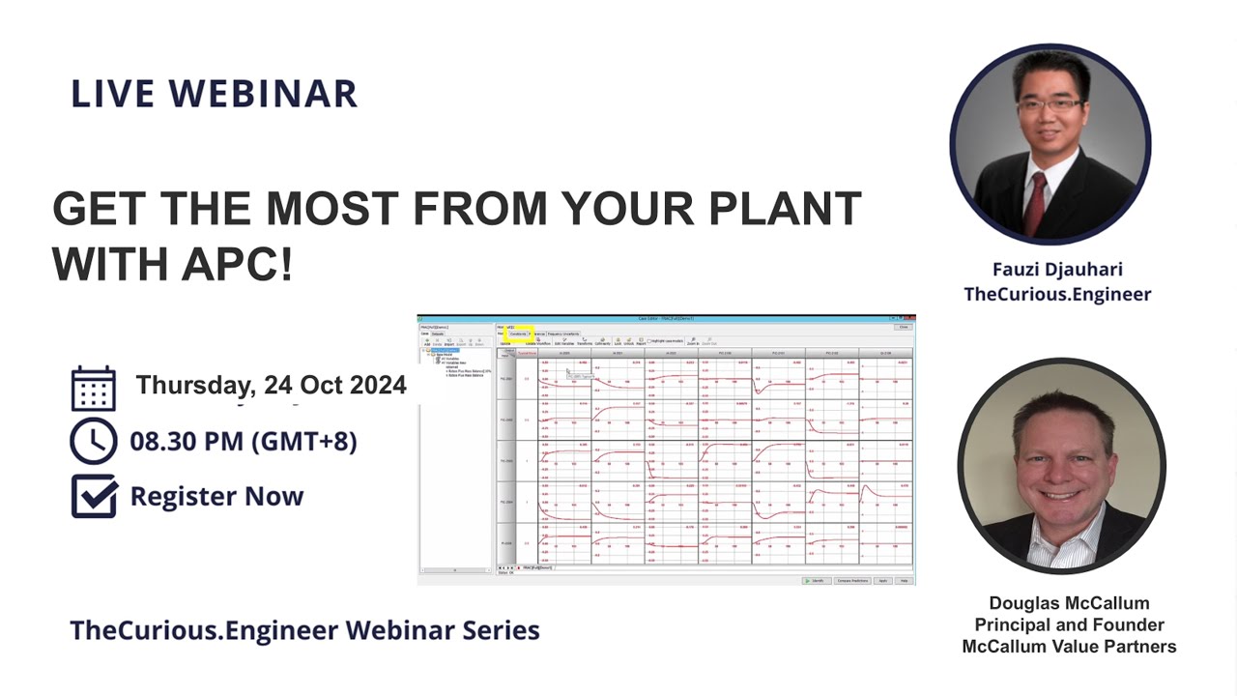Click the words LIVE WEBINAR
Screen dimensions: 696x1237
pos(214,94)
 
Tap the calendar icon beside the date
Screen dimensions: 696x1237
pos(94,389)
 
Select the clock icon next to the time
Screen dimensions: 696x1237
pos(94,441)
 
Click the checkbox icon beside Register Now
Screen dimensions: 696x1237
pos(94,496)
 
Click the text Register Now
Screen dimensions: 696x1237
pos(216,497)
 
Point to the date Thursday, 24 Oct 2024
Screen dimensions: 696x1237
pos(271,385)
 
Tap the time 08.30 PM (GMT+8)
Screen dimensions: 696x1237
pos(244,442)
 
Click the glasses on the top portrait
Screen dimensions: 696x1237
pos(1048,103)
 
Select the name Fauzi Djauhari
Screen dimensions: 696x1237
pos(1057,270)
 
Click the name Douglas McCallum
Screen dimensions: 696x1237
pos(1069,603)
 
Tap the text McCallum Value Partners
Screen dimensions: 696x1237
pos(1069,647)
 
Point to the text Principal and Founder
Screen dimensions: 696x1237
pos(1069,625)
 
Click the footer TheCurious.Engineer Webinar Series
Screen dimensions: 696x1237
pos(304,630)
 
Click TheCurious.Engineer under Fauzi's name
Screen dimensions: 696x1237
pos(1057,294)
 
